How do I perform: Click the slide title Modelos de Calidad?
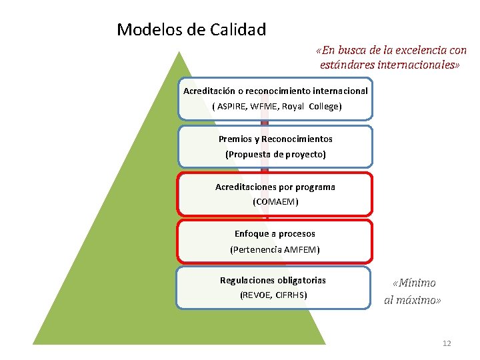point(191,30)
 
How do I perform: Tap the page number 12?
point(447,343)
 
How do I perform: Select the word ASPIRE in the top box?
point(231,107)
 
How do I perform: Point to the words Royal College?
point(312,107)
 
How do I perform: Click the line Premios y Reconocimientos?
point(275,139)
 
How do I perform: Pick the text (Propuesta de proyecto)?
point(275,154)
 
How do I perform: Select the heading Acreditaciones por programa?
point(275,187)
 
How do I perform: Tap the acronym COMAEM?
point(275,201)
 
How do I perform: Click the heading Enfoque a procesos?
point(275,234)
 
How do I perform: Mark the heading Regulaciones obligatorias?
point(273,281)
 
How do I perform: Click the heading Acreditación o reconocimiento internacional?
point(275,91)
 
